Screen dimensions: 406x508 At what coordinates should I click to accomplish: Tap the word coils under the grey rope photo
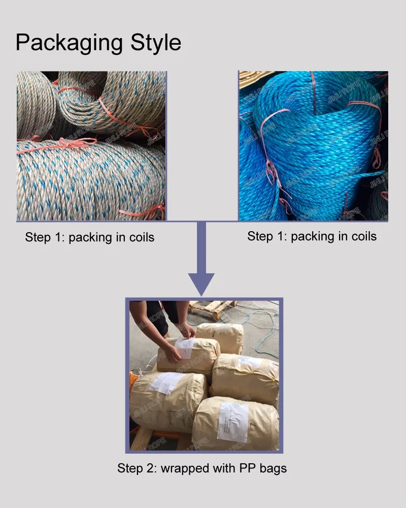click(x=138, y=238)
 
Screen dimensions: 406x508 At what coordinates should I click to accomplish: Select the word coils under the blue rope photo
click(x=360, y=236)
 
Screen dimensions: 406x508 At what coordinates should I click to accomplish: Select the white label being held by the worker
click(x=185, y=348)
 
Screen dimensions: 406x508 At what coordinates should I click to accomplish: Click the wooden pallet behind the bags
click(x=213, y=308)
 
